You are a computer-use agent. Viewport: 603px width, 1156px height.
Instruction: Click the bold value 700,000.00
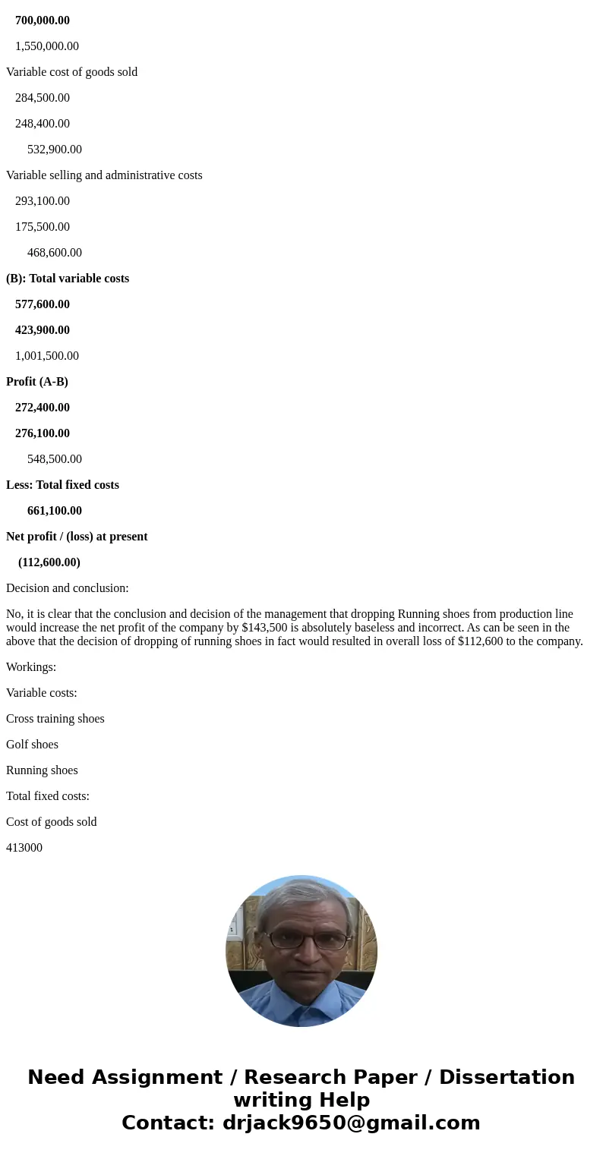click(x=43, y=20)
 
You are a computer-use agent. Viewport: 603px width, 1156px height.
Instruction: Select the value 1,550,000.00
click(x=47, y=46)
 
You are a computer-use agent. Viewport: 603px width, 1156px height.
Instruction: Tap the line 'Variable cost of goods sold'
click(x=71, y=72)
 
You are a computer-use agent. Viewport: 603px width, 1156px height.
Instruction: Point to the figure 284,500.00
click(x=43, y=98)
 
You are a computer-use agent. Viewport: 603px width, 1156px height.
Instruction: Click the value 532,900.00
click(x=55, y=150)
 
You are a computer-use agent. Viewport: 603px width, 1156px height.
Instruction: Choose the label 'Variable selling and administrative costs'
click(x=104, y=175)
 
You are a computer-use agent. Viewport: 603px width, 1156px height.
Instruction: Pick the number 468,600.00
click(x=55, y=253)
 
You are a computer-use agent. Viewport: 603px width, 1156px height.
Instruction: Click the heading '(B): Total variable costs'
click(x=68, y=279)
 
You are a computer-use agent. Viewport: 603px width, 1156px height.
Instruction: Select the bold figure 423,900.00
click(x=43, y=330)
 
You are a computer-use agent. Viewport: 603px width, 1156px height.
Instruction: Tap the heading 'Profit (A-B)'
click(x=37, y=382)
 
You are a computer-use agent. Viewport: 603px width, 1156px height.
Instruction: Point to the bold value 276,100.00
click(x=43, y=433)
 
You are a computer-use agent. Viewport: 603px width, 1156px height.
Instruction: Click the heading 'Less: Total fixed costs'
click(x=62, y=485)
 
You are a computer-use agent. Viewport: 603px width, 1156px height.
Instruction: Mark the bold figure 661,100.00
click(x=55, y=511)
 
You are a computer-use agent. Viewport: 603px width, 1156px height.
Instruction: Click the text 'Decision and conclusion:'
click(x=68, y=588)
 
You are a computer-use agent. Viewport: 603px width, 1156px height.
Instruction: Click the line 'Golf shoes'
click(x=32, y=745)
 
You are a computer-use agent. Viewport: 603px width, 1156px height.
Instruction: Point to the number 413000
click(x=24, y=848)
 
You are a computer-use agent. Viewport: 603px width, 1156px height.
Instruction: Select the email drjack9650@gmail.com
click(x=351, y=1123)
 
